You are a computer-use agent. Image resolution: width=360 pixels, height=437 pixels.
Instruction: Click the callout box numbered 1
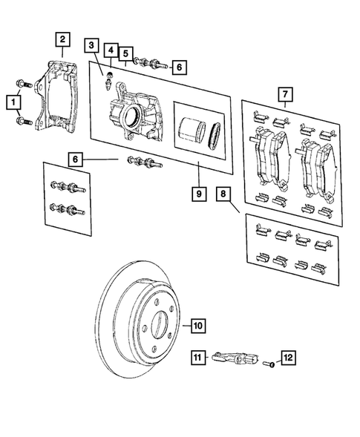(x=13, y=100)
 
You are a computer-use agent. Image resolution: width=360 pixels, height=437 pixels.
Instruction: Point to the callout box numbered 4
(x=110, y=51)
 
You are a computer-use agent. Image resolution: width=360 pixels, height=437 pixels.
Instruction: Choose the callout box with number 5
(x=126, y=53)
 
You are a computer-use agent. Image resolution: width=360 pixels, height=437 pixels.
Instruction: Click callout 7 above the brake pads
(x=283, y=94)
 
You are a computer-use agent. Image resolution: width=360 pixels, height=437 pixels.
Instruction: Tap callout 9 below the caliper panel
(x=197, y=194)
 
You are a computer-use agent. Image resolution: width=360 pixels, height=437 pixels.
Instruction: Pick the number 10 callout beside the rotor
(x=197, y=324)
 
